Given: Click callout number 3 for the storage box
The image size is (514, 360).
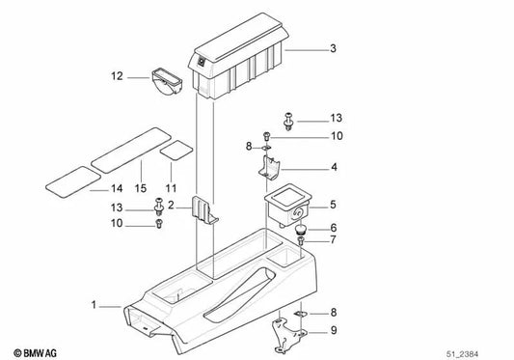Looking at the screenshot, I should [333, 47].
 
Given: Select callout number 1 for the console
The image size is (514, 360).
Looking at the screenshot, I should [95, 305].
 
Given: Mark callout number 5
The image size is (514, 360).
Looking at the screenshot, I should [333, 205].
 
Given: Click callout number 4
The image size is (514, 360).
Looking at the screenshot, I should [333, 166].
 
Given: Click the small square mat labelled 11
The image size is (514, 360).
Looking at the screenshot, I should [174, 151].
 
